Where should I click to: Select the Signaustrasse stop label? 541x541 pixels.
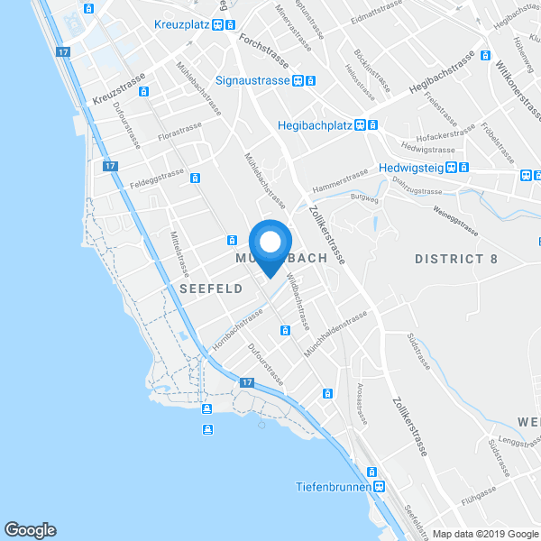tap(252, 80)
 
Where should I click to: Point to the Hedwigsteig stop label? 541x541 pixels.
tap(417, 167)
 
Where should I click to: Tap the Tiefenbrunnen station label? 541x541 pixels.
tap(333, 487)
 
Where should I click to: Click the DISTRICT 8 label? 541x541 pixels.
tap(455, 260)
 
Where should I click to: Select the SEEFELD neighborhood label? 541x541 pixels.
tap(212, 289)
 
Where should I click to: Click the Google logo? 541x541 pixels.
tap(30, 529)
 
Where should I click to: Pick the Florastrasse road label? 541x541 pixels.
tap(180, 133)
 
